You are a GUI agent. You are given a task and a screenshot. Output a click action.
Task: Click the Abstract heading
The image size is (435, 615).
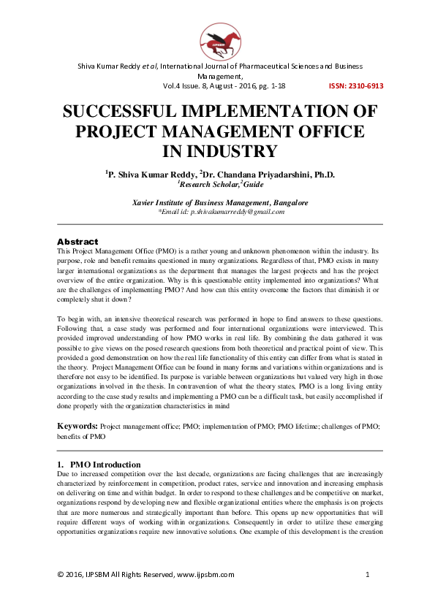click(x=77, y=241)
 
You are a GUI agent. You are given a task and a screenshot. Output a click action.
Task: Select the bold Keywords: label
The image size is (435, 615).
click(x=77, y=424)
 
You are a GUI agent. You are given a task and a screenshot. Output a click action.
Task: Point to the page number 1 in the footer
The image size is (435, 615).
click(x=367, y=575)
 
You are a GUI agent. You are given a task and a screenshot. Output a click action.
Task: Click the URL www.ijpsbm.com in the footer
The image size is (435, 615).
click(x=205, y=575)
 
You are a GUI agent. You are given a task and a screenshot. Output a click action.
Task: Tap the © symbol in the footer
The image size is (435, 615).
click(x=61, y=575)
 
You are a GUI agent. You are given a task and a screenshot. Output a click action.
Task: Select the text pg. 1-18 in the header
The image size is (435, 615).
click(x=281, y=85)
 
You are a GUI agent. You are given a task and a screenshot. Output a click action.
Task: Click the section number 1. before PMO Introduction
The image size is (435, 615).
click(x=60, y=465)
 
